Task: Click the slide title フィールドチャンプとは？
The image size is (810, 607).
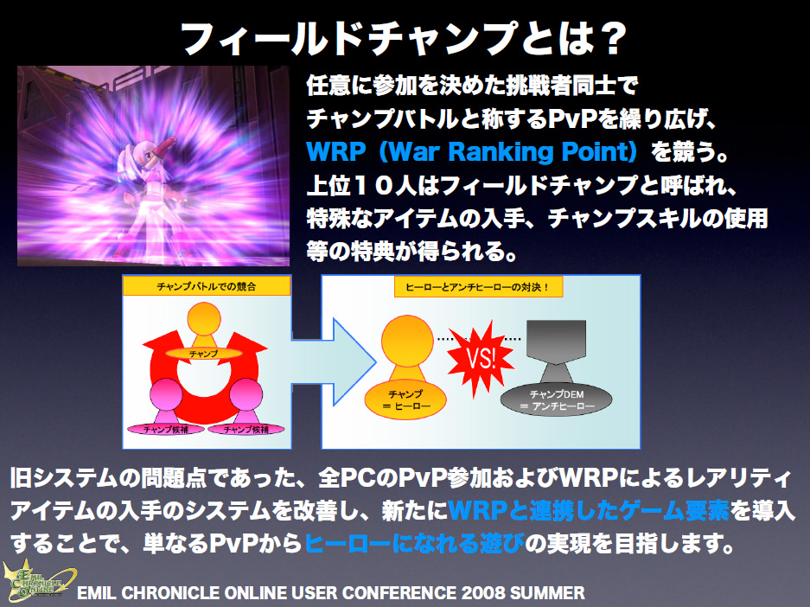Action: [x=404, y=39]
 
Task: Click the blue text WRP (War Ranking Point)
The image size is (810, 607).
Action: [x=472, y=152]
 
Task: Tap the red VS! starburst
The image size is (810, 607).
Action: [x=480, y=358]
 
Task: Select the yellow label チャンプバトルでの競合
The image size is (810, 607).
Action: [x=206, y=286]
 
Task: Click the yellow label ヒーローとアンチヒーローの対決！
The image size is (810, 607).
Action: [x=478, y=287]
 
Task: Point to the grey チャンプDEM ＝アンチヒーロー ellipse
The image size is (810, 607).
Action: [x=557, y=399]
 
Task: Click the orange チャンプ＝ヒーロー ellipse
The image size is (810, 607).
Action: [x=405, y=399]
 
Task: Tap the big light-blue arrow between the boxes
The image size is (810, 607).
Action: [x=334, y=362]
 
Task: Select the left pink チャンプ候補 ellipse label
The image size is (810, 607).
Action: [x=166, y=429]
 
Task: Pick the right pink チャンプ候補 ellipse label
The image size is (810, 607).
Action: [x=246, y=429]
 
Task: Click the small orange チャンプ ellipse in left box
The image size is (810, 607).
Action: [x=203, y=354]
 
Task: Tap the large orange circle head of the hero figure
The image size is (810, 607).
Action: [x=407, y=341]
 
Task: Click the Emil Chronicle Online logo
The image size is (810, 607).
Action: [x=38, y=581]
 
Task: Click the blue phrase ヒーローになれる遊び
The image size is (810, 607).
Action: [x=414, y=543]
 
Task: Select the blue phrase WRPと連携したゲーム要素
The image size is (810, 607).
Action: [x=590, y=511]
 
